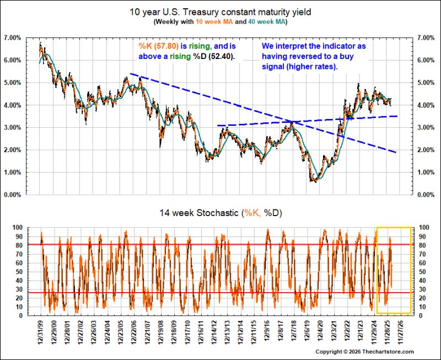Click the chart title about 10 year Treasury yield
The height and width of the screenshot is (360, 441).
click(x=220, y=12)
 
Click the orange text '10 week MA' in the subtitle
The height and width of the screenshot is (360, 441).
click(x=214, y=22)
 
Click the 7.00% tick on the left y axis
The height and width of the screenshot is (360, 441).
click(x=12, y=37)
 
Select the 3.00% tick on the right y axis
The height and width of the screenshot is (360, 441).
click(x=426, y=127)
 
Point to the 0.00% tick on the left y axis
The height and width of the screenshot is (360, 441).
click(x=12, y=195)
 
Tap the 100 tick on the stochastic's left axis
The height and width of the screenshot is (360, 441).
click(x=17, y=228)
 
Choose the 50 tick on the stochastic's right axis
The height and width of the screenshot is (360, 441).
click(x=422, y=271)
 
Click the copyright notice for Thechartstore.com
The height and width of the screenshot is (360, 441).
click(x=364, y=352)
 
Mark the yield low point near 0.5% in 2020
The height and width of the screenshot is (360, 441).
click(x=313, y=181)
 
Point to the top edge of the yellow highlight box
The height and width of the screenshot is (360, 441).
click(x=394, y=227)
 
